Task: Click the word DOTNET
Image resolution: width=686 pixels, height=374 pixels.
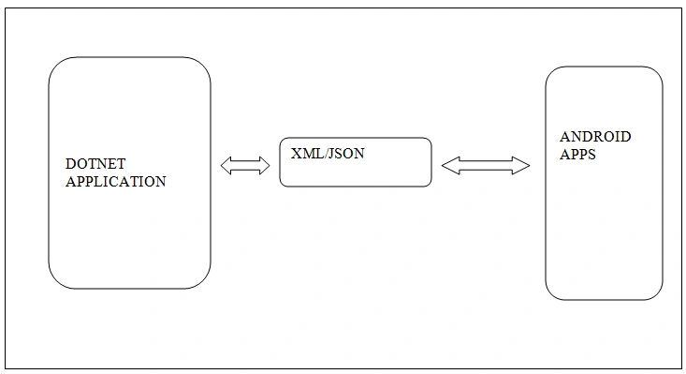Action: [95, 164]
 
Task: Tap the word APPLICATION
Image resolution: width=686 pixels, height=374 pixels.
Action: [116, 181]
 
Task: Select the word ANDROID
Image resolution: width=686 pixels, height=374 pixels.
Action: [595, 137]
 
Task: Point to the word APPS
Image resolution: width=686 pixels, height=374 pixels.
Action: [577, 154]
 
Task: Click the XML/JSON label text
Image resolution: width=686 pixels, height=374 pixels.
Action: [328, 154]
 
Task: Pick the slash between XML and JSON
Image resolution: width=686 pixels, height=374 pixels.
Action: [325, 154]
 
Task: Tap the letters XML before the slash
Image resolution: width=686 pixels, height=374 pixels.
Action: [307, 154]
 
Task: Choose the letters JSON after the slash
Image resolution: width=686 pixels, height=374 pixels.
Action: [345, 154]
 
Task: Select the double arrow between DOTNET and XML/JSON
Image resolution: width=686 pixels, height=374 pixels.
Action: [245, 166]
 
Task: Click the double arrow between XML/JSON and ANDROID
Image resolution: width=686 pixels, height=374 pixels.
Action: [486, 166]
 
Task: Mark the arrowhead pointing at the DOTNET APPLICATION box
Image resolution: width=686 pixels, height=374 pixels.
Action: [226, 166]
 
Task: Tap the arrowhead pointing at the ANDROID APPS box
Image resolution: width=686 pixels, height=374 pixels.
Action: [521, 166]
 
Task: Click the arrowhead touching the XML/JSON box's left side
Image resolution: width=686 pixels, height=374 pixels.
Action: [265, 166]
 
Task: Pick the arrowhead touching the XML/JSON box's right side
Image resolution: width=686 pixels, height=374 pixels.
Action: [450, 166]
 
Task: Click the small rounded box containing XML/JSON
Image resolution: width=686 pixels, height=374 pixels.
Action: [356, 138]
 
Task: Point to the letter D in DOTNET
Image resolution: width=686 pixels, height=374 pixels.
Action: [70, 164]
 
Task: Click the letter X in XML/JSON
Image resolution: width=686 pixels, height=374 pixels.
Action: [296, 154]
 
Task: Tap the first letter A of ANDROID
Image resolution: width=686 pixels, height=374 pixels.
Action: [564, 137]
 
